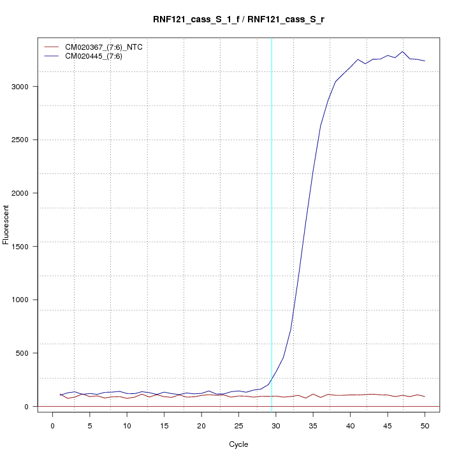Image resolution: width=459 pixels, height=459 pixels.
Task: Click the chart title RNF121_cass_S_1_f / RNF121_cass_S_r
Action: click(238, 20)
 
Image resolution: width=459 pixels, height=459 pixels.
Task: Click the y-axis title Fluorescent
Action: click(6, 224)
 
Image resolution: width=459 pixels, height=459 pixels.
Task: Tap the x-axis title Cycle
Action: click(238, 444)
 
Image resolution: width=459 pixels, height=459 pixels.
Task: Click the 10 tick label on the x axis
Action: click(127, 425)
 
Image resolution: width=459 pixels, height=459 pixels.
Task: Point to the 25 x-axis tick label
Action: click(238, 425)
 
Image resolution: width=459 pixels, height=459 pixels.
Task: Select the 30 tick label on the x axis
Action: click(275, 425)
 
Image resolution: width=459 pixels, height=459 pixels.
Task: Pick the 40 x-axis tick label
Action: click(350, 425)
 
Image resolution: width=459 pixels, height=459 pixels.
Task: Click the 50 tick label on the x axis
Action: click(425, 425)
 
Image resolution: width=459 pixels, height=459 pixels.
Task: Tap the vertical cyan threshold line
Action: click(272, 223)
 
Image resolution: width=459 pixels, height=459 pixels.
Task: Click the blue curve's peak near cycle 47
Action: click(402, 52)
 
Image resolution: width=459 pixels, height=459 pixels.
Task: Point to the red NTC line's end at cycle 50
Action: click(425, 397)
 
